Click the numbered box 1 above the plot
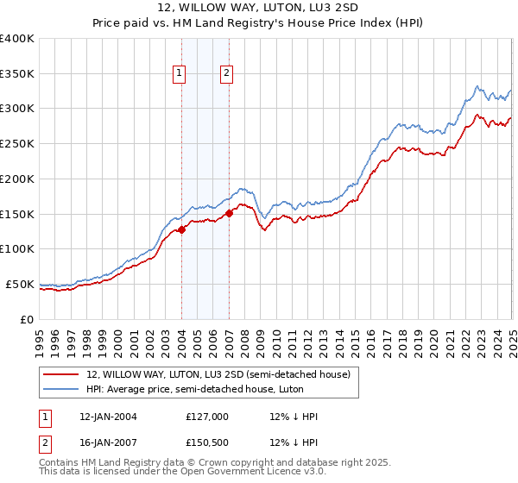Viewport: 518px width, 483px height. click(179, 74)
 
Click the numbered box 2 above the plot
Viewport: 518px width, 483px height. click(226, 74)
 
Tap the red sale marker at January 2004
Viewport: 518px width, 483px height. click(182, 229)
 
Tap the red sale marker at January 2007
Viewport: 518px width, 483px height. click(230, 213)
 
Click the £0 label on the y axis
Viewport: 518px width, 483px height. click(26, 319)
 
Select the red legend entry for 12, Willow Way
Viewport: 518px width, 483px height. click(218, 374)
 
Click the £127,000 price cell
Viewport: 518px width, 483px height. click(207, 417)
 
